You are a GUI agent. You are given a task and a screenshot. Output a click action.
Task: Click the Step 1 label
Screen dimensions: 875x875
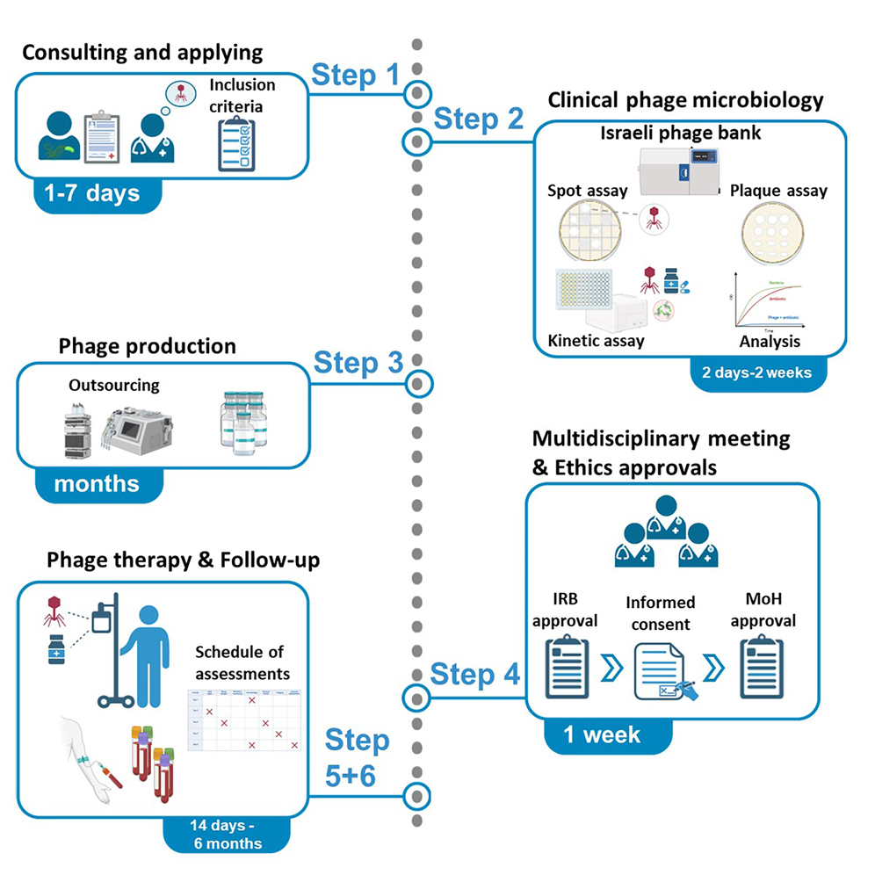coord(356,76)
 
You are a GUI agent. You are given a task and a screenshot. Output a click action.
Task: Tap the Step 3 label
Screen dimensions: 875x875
coord(358,362)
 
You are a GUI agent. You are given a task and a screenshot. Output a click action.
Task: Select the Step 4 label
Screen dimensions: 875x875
coord(475,675)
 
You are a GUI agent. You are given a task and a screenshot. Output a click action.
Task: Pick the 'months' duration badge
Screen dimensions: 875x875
coord(97,483)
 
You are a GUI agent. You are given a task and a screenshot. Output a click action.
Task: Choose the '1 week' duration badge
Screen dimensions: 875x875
coord(602,734)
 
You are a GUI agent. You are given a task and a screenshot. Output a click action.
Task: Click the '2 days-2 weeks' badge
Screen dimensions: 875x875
coord(756,372)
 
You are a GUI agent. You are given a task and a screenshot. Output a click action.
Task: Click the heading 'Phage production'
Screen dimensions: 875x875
coord(148,346)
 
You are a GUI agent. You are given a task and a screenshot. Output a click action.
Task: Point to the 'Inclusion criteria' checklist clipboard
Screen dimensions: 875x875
coord(237,141)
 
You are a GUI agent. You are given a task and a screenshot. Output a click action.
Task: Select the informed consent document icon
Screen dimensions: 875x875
coord(662,674)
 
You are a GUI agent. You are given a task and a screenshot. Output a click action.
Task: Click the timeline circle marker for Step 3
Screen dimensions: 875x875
coord(420,383)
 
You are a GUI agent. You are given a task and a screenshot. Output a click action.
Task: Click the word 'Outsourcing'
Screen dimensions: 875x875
coord(114,386)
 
